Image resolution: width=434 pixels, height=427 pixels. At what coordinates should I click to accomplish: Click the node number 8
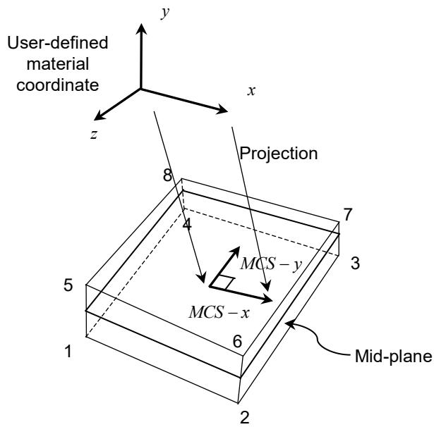167,175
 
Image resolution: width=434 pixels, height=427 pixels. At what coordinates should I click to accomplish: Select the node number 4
188,224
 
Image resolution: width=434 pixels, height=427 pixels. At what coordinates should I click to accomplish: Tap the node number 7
348,214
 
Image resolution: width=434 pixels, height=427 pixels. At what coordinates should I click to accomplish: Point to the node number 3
356,263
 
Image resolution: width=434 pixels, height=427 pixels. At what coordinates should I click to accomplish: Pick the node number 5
68,285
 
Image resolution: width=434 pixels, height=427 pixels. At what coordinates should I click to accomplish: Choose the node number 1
68,352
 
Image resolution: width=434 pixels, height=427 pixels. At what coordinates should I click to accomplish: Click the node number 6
238,341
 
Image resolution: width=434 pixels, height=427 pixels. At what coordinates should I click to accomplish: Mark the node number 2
245,417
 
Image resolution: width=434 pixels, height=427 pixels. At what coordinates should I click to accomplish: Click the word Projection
279,154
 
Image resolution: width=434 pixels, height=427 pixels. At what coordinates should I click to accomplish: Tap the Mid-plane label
393,357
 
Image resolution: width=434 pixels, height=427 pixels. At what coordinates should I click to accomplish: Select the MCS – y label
271,264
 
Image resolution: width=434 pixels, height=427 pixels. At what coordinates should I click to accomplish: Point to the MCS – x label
219,313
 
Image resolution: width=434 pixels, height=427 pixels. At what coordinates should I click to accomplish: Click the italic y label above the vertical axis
165,13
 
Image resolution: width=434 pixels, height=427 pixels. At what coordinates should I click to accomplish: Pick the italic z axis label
94,135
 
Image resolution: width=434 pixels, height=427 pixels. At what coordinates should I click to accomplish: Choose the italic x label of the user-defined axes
251,91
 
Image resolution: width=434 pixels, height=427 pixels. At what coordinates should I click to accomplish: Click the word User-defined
58,43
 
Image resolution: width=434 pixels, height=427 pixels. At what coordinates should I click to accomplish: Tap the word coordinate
58,85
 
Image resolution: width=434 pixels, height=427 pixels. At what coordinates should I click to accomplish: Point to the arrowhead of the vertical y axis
141,29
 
